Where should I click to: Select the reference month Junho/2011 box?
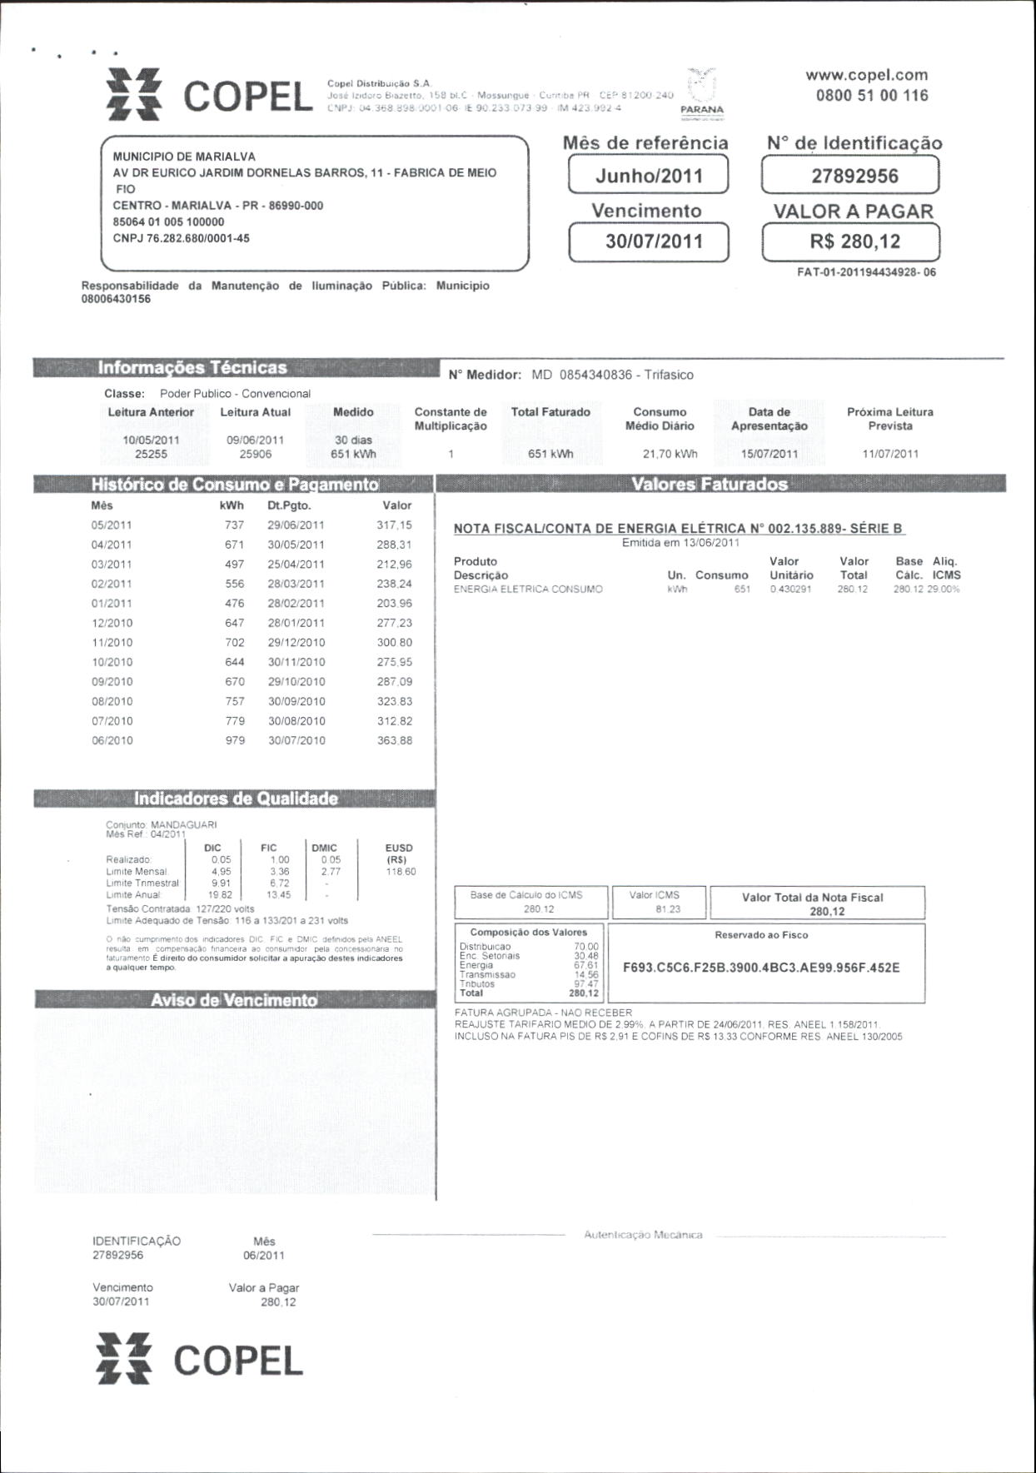click(x=649, y=176)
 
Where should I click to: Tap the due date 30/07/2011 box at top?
click(x=649, y=241)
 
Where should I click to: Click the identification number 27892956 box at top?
click(x=849, y=176)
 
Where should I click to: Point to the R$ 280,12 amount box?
click(x=849, y=242)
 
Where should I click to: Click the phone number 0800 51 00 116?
click(x=871, y=95)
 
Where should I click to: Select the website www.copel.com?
click(x=866, y=75)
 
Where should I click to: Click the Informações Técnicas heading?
click(x=192, y=368)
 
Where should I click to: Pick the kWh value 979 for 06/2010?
click(x=235, y=740)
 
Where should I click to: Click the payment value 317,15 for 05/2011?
click(x=394, y=525)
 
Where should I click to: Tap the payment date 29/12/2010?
click(x=296, y=643)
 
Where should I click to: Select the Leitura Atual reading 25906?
click(x=255, y=455)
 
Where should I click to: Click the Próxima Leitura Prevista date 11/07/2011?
click(x=890, y=454)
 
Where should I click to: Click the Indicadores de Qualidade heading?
click(x=236, y=799)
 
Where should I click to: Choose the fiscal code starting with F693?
click(x=760, y=968)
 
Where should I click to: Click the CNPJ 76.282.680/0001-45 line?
click(x=182, y=238)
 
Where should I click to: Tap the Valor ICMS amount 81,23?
click(x=668, y=909)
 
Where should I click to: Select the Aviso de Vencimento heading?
click(x=234, y=1000)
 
